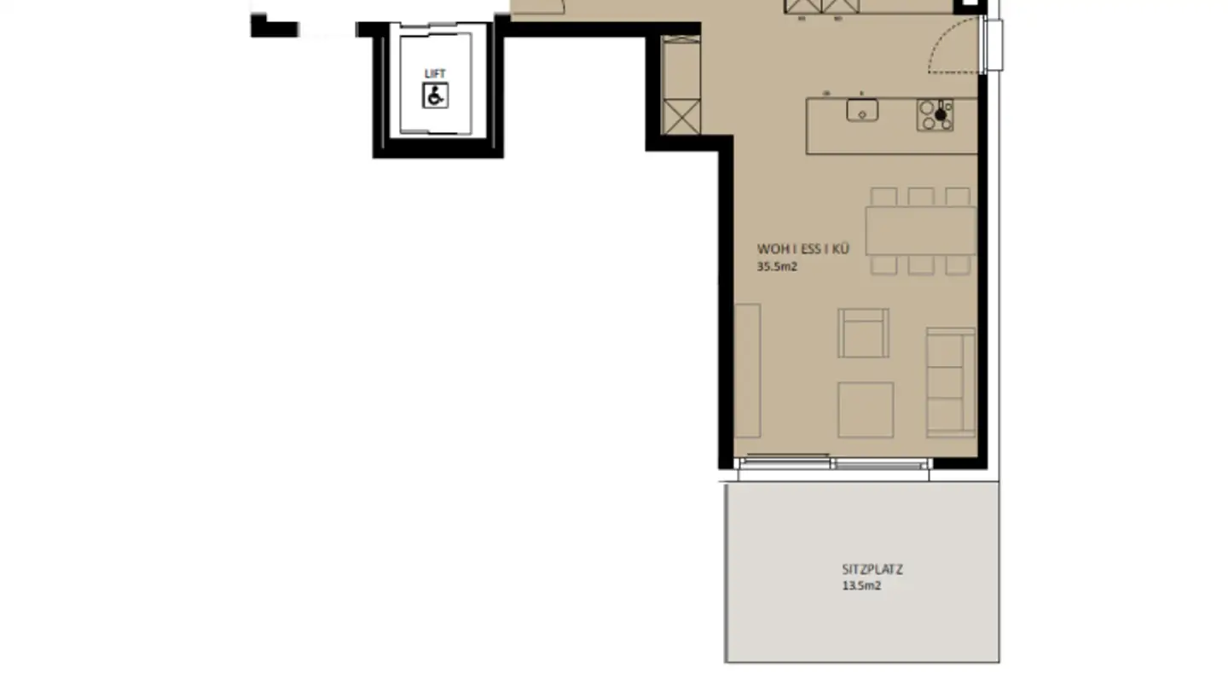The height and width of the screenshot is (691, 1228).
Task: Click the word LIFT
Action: click(435, 74)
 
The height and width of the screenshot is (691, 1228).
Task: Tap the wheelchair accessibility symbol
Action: click(435, 96)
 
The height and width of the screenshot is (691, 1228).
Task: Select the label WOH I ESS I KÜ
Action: click(802, 249)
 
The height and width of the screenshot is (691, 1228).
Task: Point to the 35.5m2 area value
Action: click(777, 266)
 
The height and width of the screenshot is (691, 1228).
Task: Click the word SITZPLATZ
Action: click(872, 569)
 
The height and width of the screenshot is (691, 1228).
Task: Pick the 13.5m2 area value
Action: click(861, 586)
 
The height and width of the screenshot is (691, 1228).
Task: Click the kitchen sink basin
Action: click(862, 110)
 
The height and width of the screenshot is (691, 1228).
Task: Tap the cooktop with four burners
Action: click(935, 115)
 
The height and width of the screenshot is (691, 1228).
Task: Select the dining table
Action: click(921, 230)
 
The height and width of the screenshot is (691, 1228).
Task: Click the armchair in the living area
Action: click(863, 333)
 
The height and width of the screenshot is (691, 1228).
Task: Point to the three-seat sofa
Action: click(951, 381)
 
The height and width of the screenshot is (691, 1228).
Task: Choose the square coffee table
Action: click(866, 409)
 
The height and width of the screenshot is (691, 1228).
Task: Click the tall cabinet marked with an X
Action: click(681, 116)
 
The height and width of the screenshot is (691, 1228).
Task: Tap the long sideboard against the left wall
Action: click(747, 370)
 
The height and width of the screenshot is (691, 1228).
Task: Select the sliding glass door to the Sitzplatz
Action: click(834, 463)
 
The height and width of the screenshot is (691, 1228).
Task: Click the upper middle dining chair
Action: click(921, 196)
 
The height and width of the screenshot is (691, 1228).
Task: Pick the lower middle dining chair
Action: click(921, 265)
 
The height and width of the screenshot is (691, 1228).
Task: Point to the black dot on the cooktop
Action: click(941, 114)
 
